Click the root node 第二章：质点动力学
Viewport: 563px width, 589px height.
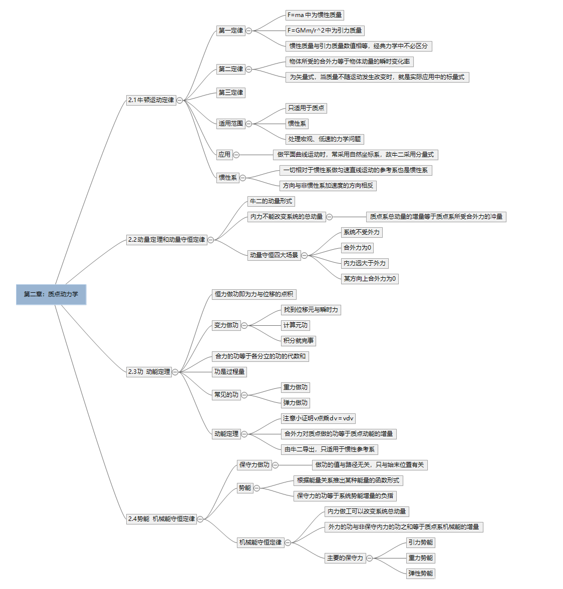click(51, 294)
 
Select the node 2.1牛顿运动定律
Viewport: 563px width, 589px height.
click(151, 100)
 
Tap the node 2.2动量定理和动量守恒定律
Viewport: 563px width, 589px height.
click(166, 240)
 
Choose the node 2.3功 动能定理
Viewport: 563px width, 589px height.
click(149, 372)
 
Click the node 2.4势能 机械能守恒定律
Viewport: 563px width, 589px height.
click(161, 519)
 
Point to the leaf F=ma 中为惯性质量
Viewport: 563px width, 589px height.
click(315, 16)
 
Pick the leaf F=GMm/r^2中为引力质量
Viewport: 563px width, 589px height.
click(325, 31)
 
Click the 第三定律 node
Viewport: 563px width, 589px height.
click(230, 93)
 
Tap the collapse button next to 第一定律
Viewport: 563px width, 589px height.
click(249, 31)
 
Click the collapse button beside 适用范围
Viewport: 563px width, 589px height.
click(249, 124)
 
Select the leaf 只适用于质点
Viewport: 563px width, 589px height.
click(306, 108)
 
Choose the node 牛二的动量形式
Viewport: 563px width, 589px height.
click(271, 201)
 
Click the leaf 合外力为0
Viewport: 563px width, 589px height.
click(357, 248)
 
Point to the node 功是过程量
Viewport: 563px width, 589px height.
click(229, 372)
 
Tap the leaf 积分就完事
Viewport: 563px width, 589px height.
click(299, 341)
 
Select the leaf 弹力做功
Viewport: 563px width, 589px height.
click(296, 403)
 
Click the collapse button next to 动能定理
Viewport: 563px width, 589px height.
click(244, 434)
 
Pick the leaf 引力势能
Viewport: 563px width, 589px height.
click(421, 542)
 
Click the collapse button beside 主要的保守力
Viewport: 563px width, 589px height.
click(370, 558)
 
